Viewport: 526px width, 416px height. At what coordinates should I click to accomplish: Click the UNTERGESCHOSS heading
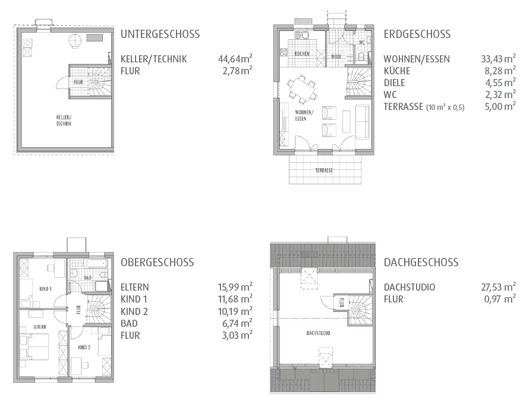(160, 34)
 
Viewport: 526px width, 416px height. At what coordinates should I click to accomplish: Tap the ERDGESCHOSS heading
(417, 34)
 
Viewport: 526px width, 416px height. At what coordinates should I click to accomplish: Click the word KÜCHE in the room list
(396, 71)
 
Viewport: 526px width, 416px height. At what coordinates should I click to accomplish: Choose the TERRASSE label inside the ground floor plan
(324, 171)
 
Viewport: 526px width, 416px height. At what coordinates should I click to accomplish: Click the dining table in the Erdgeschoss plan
(303, 90)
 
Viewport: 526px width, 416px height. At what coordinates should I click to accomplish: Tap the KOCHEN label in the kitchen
(302, 54)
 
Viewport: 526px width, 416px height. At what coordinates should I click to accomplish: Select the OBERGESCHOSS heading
(157, 262)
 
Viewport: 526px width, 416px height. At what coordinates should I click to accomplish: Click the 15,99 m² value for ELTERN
(235, 287)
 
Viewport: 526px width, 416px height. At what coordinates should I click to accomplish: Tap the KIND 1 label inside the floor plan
(45, 289)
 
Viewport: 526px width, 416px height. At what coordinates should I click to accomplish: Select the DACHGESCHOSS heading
(421, 262)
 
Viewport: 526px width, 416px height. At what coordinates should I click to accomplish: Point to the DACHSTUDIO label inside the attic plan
(318, 333)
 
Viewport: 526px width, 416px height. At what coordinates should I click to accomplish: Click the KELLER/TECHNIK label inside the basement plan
(64, 121)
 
